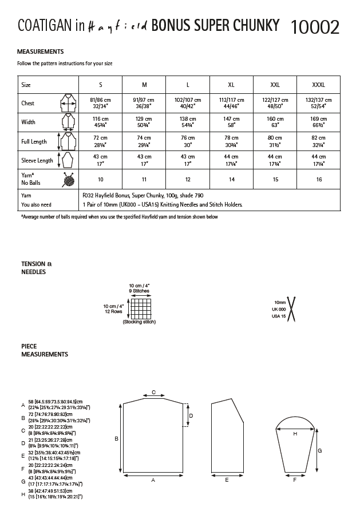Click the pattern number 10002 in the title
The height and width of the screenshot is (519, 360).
(315, 26)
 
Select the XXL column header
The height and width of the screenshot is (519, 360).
(275, 85)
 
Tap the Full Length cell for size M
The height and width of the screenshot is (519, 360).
(144, 141)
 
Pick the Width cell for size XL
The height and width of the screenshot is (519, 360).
(231, 122)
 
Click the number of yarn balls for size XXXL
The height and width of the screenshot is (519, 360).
(318, 180)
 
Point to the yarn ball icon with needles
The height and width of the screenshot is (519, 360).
(69, 180)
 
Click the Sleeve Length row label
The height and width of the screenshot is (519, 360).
(37, 160)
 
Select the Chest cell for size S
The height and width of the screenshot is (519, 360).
(101, 103)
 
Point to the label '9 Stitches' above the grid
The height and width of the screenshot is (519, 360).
(139, 291)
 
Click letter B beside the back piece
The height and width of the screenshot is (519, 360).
(117, 439)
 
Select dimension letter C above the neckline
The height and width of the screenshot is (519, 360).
(153, 392)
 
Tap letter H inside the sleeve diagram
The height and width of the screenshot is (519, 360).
(295, 434)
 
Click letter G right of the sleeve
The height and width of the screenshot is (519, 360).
(319, 451)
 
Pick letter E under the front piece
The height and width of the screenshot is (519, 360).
(227, 480)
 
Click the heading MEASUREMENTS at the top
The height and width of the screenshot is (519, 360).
(41, 51)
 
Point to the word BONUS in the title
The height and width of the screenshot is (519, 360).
(173, 25)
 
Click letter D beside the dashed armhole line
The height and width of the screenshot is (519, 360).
(191, 416)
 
